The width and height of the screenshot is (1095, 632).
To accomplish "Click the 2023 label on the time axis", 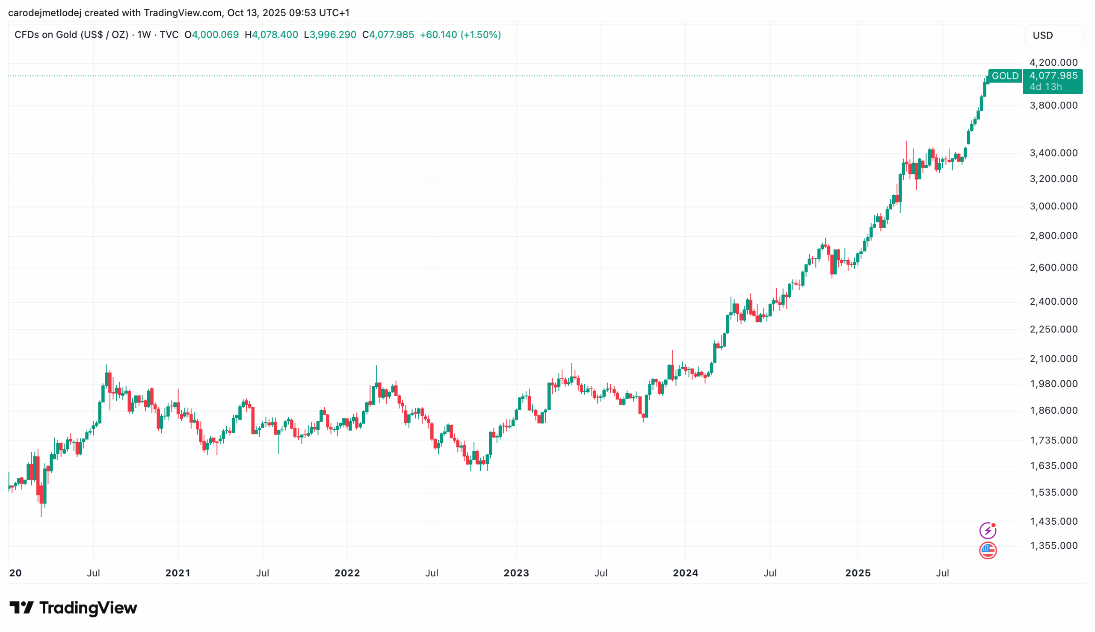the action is click(516, 573).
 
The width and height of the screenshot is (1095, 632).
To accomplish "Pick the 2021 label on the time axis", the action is click(178, 573).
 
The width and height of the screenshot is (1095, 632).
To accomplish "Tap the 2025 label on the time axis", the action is click(858, 573).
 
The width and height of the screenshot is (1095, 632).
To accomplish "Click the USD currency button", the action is click(1054, 35).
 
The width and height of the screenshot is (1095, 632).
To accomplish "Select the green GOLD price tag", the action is click(1005, 76).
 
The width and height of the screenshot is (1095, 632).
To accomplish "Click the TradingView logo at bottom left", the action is click(73, 608).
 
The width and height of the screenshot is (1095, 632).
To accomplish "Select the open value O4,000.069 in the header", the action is click(212, 35).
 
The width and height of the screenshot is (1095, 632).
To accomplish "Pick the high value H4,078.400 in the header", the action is click(271, 35).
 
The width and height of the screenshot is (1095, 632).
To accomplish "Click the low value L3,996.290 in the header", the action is click(330, 35).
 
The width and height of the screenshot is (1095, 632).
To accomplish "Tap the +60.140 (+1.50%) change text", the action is click(460, 35).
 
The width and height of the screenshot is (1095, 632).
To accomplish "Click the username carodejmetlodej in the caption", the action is click(45, 13).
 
